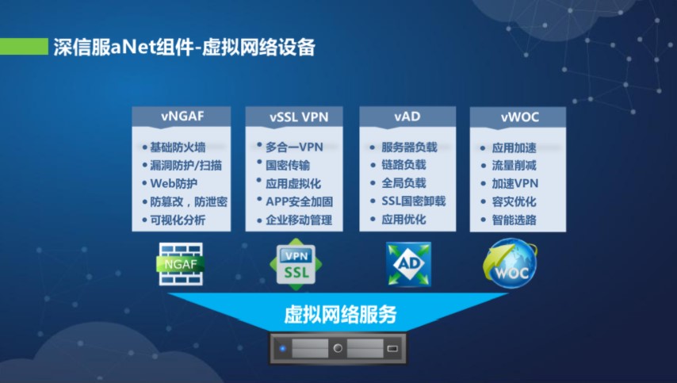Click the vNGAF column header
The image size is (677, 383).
pyautogui.click(x=182, y=116)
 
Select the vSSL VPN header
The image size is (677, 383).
pyautogui.click(x=299, y=117)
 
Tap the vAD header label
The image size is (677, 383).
pyautogui.click(x=407, y=117)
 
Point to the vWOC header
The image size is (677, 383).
pyautogui.click(x=520, y=117)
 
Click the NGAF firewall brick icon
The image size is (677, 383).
pyautogui.click(x=181, y=264)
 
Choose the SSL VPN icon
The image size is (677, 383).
pyautogui.click(x=296, y=264)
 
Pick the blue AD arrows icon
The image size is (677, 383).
pyautogui.click(x=408, y=264)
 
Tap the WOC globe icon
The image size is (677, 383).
pyautogui.click(x=510, y=263)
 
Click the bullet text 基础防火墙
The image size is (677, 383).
pyautogui.click(x=178, y=147)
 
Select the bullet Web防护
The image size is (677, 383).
pyautogui.click(x=174, y=183)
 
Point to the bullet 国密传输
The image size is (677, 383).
pyautogui.click(x=288, y=166)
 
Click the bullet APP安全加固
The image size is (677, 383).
pyautogui.click(x=299, y=201)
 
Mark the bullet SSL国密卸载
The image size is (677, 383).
pyautogui.click(x=414, y=201)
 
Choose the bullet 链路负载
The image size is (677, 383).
pyautogui.click(x=404, y=165)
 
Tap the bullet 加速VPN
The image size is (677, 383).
pyautogui.click(x=515, y=183)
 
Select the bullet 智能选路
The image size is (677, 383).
pyautogui.click(x=514, y=220)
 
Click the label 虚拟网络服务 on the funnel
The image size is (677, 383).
pyautogui.click(x=340, y=314)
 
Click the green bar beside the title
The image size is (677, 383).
pyautogui.click(x=24, y=47)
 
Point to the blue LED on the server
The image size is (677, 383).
pyautogui.click(x=283, y=348)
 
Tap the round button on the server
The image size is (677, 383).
pyautogui.click(x=338, y=348)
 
